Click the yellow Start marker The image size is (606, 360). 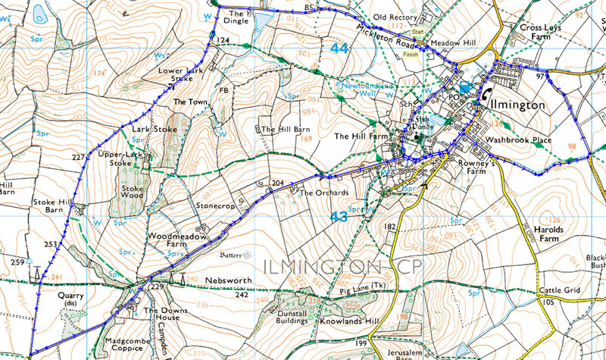[x=417, y=32]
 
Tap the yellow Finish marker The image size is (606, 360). [x=411, y=54]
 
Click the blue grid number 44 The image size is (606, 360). [x=340, y=48]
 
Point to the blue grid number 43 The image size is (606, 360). [x=340, y=217]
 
